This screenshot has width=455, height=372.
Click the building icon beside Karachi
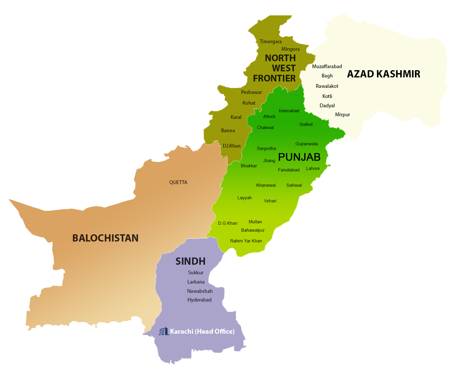[163, 331]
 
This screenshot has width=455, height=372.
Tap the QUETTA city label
[178, 182]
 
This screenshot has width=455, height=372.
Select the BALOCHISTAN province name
[105, 238]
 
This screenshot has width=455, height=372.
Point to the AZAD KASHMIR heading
[383, 74]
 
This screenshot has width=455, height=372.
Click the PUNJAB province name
[299, 157]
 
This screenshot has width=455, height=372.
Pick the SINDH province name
[190, 261]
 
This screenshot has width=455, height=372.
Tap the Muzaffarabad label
[327, 66]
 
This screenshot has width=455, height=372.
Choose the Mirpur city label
[342, 115]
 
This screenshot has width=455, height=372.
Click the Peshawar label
[251, 92]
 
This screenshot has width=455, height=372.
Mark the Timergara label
[270, 41]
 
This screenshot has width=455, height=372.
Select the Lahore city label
[313, 168]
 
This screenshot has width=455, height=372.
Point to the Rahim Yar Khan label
[246, 241]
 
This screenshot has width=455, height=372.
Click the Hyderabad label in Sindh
[199, 300]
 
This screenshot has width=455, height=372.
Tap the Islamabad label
[289, 111]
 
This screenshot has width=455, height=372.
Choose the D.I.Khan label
[232, 146]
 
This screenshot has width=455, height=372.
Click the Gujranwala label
[306, 144]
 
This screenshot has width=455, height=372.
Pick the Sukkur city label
[196, 273]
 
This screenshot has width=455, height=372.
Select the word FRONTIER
[274, 78]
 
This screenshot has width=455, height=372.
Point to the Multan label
[255, 222]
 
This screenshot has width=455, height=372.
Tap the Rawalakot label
[327, 86]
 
